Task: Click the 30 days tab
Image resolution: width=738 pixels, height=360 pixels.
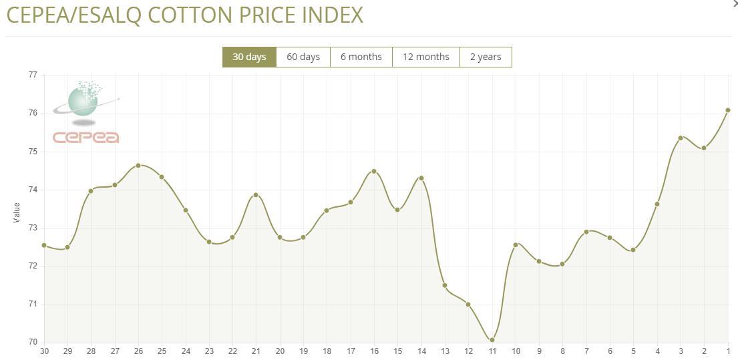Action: [249, 57]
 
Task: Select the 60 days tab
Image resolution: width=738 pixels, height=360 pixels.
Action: [303, 57]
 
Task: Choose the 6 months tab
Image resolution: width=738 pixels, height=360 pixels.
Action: [361, 57]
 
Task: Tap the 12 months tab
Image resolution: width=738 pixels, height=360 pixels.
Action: [425, 57]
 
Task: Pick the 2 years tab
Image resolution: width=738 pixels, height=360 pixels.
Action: [486, 57]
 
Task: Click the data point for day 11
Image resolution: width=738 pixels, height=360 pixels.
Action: [492, 340]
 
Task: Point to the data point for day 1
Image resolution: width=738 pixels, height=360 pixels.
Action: [728, 110]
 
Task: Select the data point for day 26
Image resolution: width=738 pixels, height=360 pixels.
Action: [138, 165]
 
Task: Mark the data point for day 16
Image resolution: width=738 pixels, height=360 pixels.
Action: [374, 171]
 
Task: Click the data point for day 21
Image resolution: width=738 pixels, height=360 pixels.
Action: [256, 195]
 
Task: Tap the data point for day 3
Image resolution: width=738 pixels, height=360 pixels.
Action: [681, 138]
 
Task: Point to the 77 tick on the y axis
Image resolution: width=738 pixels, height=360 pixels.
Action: [33, 75]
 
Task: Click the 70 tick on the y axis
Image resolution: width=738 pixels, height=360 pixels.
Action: [33, 343]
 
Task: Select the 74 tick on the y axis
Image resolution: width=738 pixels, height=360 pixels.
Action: [33, 190]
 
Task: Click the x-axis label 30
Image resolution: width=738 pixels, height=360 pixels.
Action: [44, 351]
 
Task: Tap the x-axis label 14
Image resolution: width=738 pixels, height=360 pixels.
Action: [421, 351]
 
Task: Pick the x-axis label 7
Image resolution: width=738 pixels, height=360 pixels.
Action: [586, 351]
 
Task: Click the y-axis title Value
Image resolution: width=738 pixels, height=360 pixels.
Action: [17, 212]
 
